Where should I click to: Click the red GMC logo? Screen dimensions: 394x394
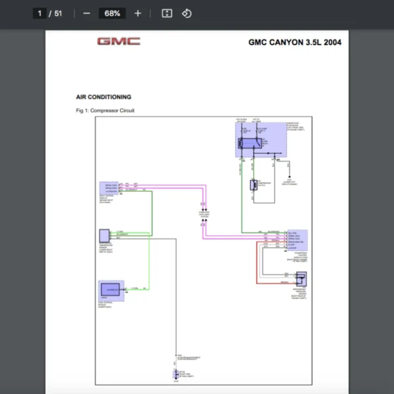pyautogui.click(x=119, y=41)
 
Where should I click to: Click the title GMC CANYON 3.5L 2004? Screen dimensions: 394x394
pyautogui.click(x=294, y=43)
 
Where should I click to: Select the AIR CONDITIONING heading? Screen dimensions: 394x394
pyautogui.click(x=104, y=97)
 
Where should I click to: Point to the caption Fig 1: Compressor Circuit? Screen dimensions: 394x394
pyautogui.click(x=105, y=110)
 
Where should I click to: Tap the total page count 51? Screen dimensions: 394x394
pyautogui.click(x=59, y=13)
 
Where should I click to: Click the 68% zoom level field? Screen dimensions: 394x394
pyautogui.click(x=112, y=13)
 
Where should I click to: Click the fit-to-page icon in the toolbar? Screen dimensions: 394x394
pyautogui.click(x=167, y=13)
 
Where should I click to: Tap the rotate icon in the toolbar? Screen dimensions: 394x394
pyautogui.click(x=186, y=13)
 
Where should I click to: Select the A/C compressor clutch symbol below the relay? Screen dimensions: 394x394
pyautogui.click(x=253, y=185)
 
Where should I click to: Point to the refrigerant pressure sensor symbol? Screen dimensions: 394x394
pyautogui.click(x=301, y=278)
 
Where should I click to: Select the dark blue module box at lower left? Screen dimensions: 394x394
pyautogui.click(x=112, y=289)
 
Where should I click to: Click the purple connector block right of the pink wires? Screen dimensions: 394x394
pyautogui.click(x=297, y=240)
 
